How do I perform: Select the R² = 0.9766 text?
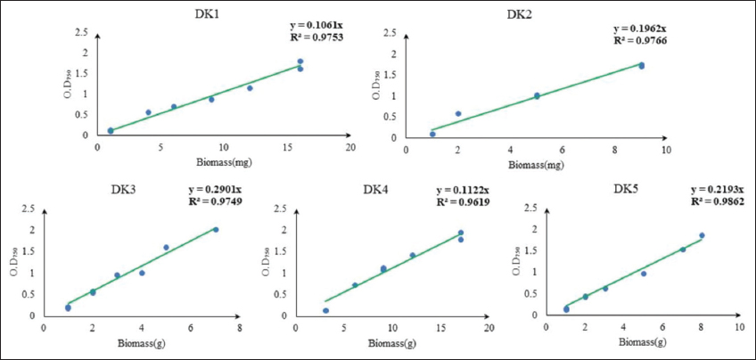638,40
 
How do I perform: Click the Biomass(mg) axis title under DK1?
223,163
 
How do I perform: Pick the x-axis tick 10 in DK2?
665,151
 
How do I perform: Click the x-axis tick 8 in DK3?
238,328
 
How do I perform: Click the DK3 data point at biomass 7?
215,230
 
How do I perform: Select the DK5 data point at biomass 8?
702,235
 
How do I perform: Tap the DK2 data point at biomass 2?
458,114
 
